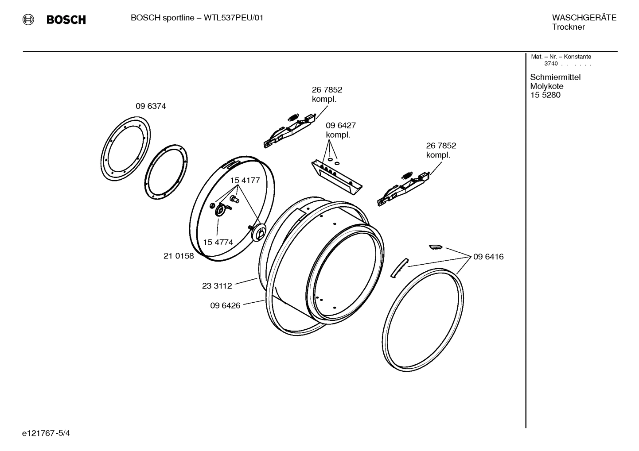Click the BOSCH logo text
click(x=66, y=20)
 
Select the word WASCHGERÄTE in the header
click(x=584, y=18)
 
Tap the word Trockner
click(x=568, y=27)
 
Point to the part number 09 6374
click(x=151, y=106)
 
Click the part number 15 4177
click(x=245, y=180)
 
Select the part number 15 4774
click(x=218, y=242)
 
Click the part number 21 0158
click(x=179, y=256)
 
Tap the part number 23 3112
click(x=217, y=286)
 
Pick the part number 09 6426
click(x=225, y=305)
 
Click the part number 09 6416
click(x=488, y=257)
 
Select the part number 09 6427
click(x=341, y=126)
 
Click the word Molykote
click(x=546, y=86)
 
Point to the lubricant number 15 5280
click(x=545, y=95)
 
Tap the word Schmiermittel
click(x=555, y=77)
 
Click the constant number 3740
click(x=551, y=64)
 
